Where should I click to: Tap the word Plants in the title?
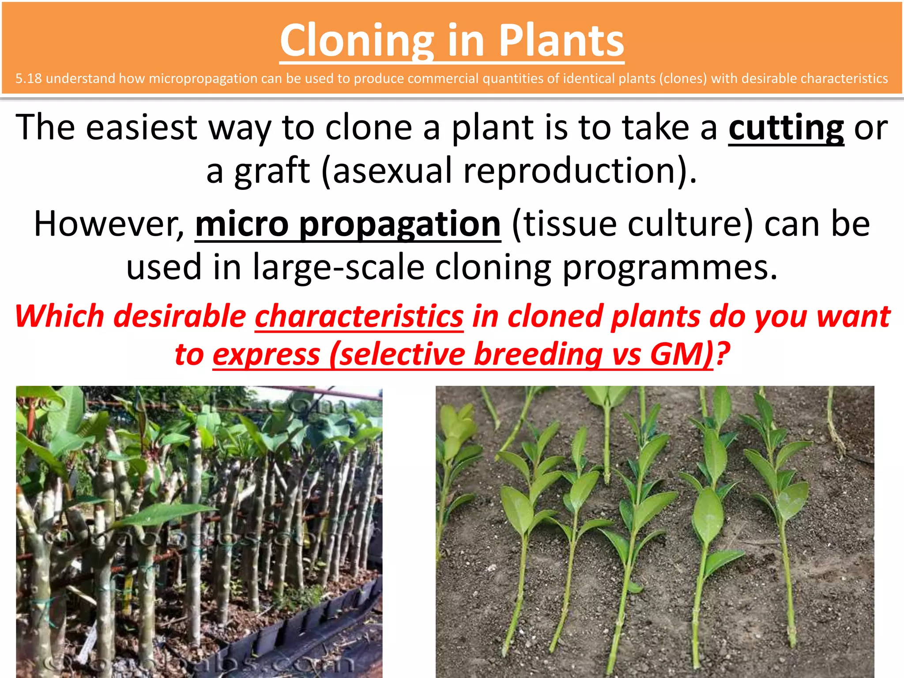point(561,41)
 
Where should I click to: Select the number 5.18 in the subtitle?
point(28,79)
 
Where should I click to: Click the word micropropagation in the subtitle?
point(203,79)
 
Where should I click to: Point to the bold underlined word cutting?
point(786,128)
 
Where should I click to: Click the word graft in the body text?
point(272,171)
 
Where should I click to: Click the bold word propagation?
point(400,224)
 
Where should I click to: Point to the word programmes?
point(669,267)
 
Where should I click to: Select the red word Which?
point(59,317)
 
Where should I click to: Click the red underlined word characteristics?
point(359,317)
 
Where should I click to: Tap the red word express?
point(266,355)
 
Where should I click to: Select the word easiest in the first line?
point(141,128)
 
